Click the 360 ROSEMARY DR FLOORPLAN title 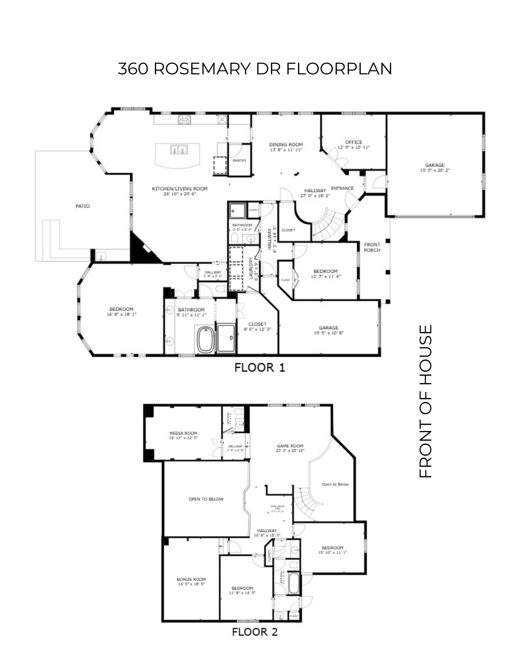point(255,69)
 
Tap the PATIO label point(82,206)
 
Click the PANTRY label point(239,161)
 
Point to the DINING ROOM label point(286,144)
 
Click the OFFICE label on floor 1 point(354,142)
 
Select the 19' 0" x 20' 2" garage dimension point(435,171)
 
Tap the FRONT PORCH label point(372,247)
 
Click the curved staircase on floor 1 point(327,225)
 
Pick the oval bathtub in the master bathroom point(206,339)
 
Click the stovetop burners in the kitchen point(185,119)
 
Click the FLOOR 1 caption point(259,367)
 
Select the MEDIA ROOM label point(183,433)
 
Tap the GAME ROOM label point(290,446)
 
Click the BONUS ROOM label point(191,579)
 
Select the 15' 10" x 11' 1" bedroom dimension point(333,552)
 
